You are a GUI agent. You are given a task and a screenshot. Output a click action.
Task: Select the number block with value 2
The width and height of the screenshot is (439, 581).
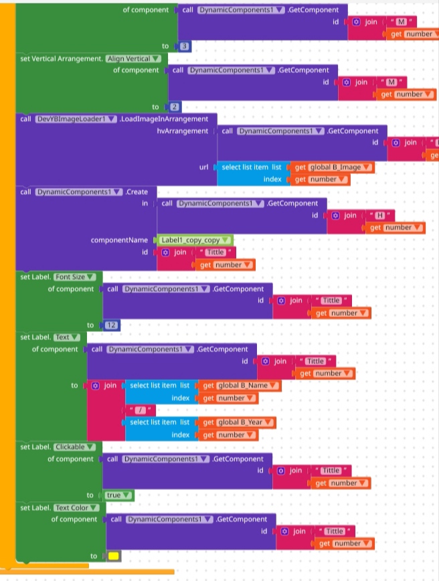[x=174, y=106]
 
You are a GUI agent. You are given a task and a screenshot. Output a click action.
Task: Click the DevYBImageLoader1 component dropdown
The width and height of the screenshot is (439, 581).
[x=76, y=118]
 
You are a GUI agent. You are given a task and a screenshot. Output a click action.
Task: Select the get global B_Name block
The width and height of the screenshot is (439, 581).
[x=242, y=386]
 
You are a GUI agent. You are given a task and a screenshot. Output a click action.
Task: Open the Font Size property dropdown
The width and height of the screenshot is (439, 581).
[x=76, y=276]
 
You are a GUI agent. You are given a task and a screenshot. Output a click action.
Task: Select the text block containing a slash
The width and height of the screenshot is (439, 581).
[x=141, y=410]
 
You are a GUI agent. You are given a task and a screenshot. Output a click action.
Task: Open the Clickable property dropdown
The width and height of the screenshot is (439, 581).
[x=75, y=446]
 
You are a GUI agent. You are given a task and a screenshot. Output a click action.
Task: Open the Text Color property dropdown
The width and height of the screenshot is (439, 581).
[x=77, y=507]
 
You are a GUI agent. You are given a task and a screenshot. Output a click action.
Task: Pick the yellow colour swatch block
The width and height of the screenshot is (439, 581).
[x=114, y=556]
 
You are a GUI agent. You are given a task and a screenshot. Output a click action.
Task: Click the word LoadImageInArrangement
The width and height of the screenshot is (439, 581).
[x=164, y=118]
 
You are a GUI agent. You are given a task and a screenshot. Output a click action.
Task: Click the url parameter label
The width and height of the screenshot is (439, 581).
[x=204, y=167]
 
